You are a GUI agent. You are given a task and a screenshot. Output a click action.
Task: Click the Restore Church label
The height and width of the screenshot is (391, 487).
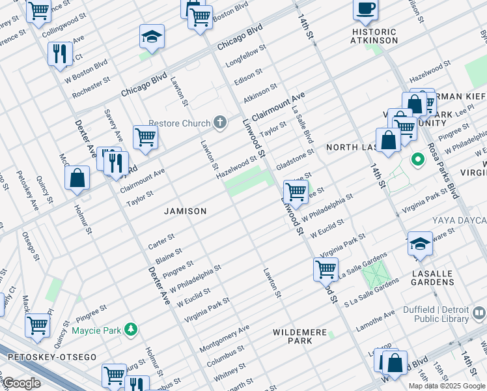click(179, 123)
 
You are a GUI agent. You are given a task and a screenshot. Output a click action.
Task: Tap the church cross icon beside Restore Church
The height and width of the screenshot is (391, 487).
click(221, 123)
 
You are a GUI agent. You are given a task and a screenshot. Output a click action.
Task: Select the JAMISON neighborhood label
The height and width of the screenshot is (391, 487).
click(186, 211)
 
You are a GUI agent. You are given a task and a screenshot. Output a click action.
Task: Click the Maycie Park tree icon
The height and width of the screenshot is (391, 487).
click(132, 330)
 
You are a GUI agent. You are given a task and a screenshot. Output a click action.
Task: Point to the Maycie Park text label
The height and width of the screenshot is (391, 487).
click(96, 330)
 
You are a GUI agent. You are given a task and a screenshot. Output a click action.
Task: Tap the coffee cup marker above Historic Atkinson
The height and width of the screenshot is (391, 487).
click(365, 9)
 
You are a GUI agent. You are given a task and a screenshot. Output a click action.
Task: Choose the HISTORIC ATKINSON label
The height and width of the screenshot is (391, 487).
click(374, 36)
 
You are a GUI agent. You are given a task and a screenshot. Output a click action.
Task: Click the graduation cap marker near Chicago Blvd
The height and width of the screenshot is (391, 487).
click(152, 38)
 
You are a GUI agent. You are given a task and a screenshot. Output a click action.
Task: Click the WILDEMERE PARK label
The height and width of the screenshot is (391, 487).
click(300, 336)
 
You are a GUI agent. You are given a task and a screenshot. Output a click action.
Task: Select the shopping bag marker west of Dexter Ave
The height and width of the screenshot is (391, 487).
click(77, 179)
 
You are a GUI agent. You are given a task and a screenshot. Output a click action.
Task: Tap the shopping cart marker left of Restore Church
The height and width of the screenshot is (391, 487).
click(145, 138)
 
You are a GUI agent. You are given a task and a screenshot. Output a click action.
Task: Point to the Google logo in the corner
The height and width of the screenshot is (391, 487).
click(21, 383)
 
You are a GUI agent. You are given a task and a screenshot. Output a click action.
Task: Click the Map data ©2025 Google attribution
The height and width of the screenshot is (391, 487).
click(447, 386)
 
